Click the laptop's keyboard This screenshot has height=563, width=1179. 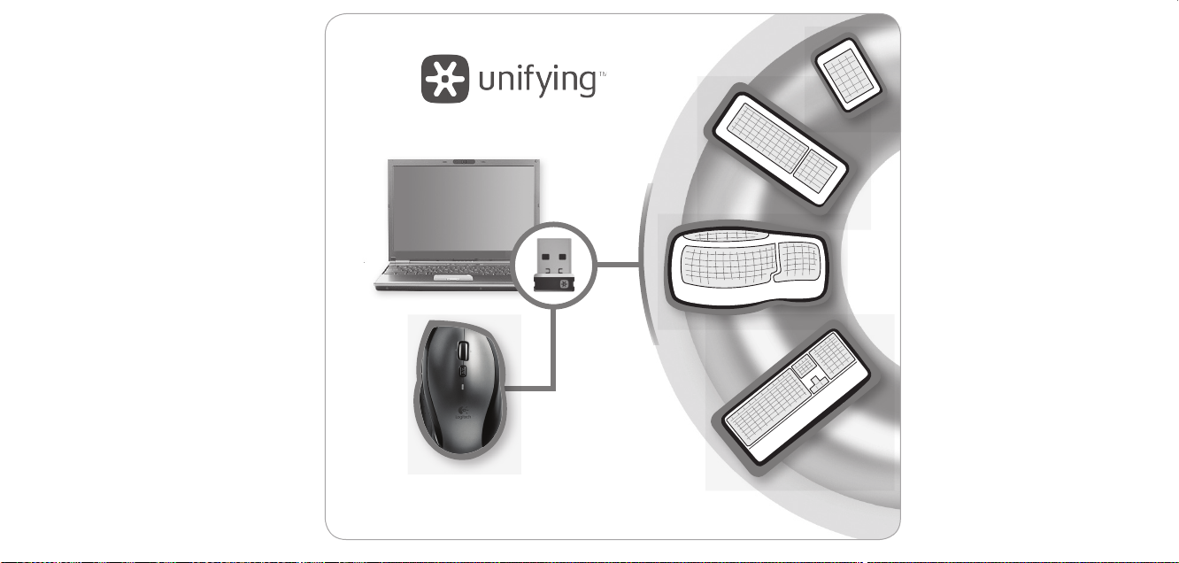[443, 267]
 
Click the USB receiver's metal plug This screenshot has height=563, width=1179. [552, 253]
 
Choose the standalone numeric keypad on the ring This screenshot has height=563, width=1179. [848, 74]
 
